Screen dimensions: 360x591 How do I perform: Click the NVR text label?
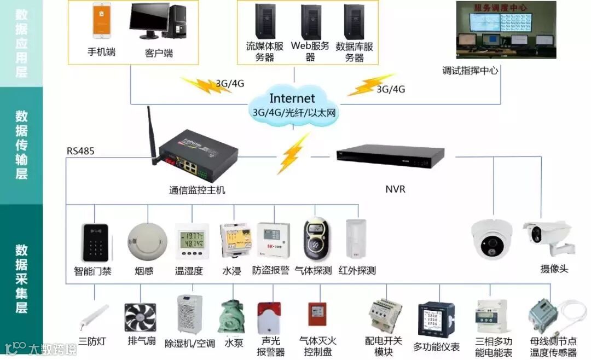395,190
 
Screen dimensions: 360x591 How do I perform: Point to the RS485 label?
80,150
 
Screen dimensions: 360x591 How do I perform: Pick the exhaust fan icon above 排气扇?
140,318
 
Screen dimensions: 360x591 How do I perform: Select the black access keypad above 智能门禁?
94,242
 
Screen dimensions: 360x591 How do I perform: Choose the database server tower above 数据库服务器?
354,22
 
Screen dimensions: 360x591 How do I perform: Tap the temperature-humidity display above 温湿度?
191,241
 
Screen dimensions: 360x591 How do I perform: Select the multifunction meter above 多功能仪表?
436,319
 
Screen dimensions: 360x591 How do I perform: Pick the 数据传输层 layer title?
21,145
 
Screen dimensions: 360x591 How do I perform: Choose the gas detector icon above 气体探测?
314,240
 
